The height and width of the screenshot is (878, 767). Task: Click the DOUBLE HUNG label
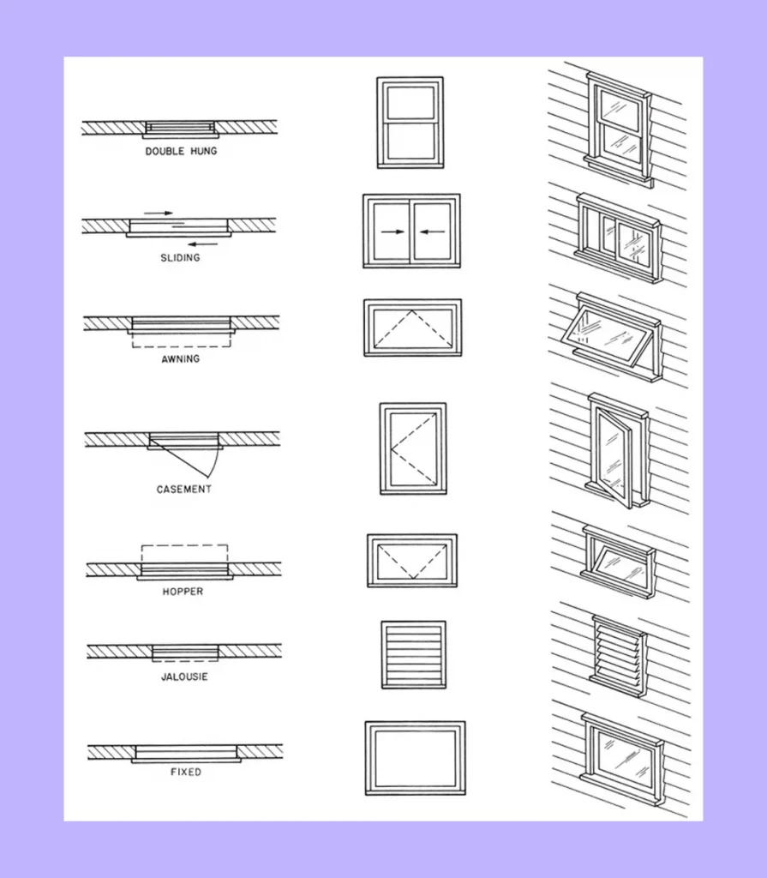181,152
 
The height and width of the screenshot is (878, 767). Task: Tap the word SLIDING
180,258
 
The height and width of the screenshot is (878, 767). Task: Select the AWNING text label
181,359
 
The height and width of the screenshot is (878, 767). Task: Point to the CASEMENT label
183,490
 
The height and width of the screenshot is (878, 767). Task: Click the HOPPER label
183,592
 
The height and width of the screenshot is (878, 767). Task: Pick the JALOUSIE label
184,677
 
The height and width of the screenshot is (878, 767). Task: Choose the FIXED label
185,773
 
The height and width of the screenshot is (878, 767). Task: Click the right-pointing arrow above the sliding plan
158,212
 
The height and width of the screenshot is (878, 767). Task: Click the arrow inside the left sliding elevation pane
392,232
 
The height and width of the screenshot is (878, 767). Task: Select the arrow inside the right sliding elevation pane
432,232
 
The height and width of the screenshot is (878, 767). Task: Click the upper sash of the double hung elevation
410,102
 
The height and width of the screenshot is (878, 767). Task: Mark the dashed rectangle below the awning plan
182,341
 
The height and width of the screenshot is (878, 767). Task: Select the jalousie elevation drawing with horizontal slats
413,654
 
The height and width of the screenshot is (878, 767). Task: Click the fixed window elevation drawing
415,758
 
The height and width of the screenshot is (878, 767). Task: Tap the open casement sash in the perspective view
614,456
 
